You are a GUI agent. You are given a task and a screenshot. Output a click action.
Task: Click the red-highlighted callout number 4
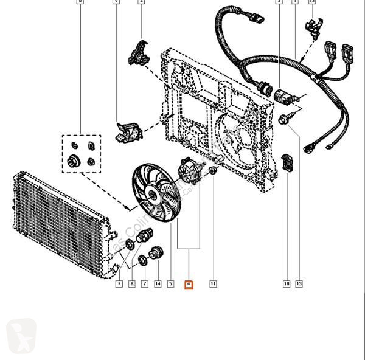click(189, 284)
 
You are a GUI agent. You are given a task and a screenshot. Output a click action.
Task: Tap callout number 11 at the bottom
click(214, 284)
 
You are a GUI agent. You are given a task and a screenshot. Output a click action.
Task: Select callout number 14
click(158, 284)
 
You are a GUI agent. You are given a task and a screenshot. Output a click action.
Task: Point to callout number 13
click(299, 284)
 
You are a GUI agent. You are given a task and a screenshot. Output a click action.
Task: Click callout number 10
click(285, 284)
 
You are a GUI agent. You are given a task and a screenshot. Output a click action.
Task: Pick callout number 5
click(171, 284)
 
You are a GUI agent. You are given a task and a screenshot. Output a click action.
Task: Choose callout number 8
click(131, 284)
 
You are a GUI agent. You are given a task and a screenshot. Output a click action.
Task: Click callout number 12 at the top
click(312, 2)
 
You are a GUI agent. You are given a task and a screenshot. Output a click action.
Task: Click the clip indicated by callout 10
click(290, 163)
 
